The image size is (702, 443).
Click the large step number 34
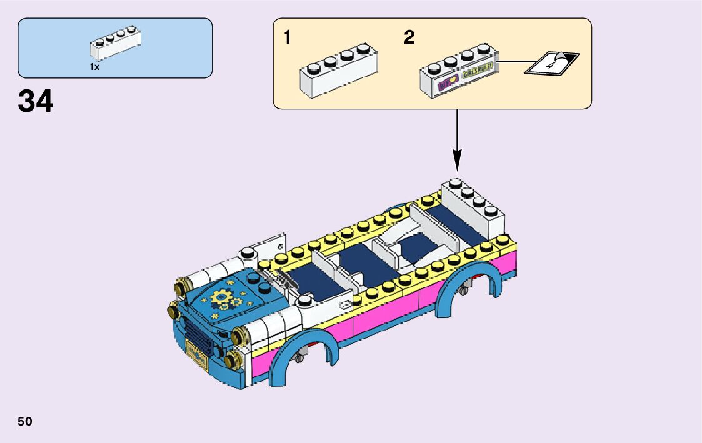pyautogui.click(x=36, y=101)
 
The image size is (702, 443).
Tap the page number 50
pyautogui.click(x=25, y=421)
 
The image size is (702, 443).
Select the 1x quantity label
pyautogui.click(x=94, y=67)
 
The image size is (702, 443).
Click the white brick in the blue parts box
pyautogui.click(x=115, y=44)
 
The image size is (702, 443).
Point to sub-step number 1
pyautogui.click(x=287, y=38)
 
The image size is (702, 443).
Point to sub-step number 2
pyautogui.click(x=409, y=38)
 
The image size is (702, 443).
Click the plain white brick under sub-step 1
pyautogui.click(x=338, y=72)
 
